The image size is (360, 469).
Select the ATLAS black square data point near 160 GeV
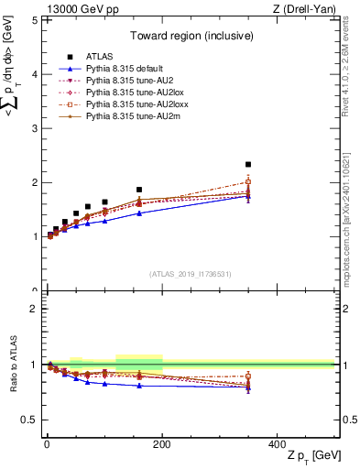139,190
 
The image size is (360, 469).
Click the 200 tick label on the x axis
162,444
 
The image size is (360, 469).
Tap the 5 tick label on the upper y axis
34,20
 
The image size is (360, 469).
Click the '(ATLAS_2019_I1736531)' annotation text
190,274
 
